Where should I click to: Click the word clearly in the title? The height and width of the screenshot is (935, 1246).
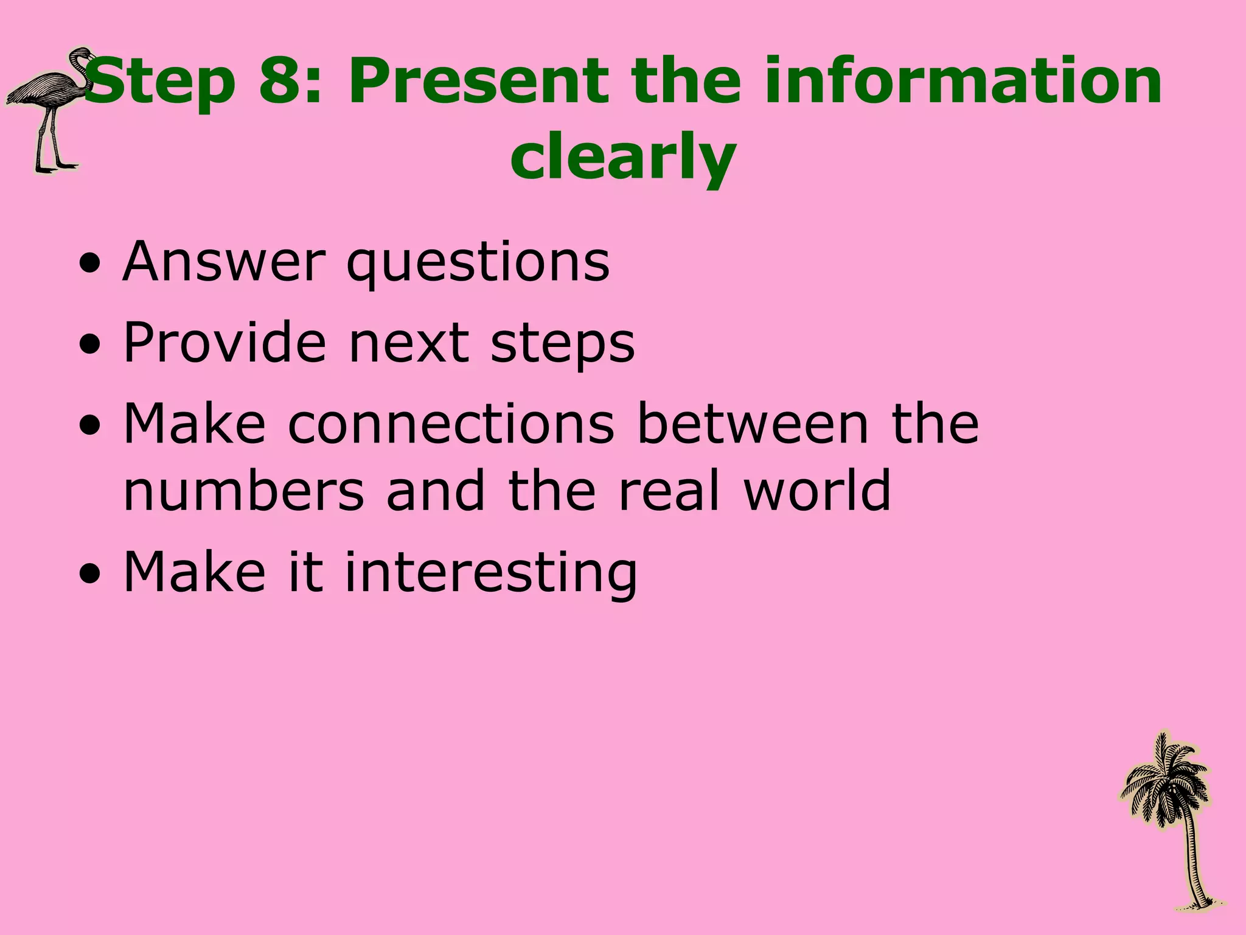623,157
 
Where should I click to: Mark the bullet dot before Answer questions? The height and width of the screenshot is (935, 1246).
91,265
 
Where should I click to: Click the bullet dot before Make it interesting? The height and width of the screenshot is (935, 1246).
91,575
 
